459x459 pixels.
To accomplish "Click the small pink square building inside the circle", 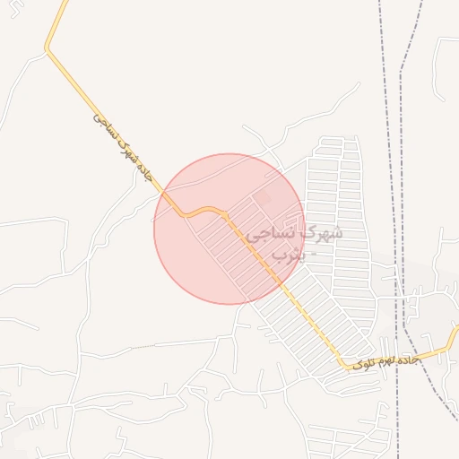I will coord(262,196).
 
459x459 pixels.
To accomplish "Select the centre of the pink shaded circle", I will coord(229,229).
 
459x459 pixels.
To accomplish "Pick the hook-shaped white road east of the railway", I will coord(440,67).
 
